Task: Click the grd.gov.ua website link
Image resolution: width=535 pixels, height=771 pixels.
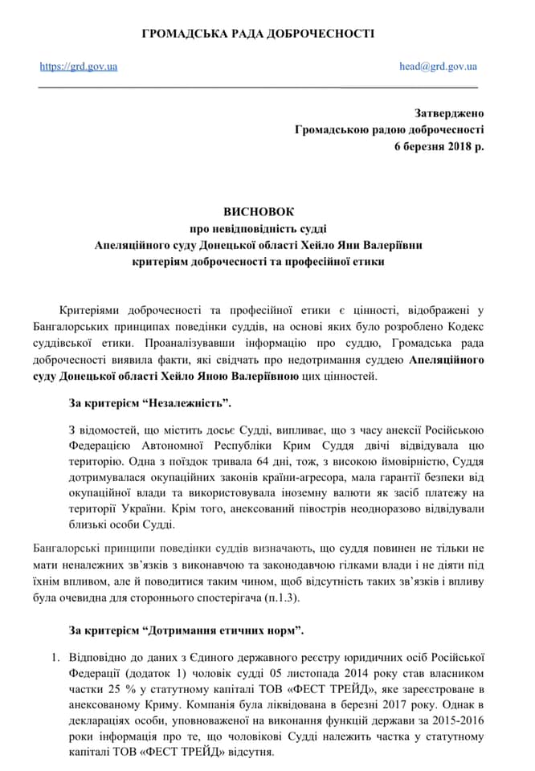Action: coord(79,67)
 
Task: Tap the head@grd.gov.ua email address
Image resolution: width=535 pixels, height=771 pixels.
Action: coord(438,67)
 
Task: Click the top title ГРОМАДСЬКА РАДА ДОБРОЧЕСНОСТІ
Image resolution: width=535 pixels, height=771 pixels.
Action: coord(258,34)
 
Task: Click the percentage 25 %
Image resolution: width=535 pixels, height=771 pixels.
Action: coord(106,689)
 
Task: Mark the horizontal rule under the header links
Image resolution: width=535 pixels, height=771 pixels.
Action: coord(258,86)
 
